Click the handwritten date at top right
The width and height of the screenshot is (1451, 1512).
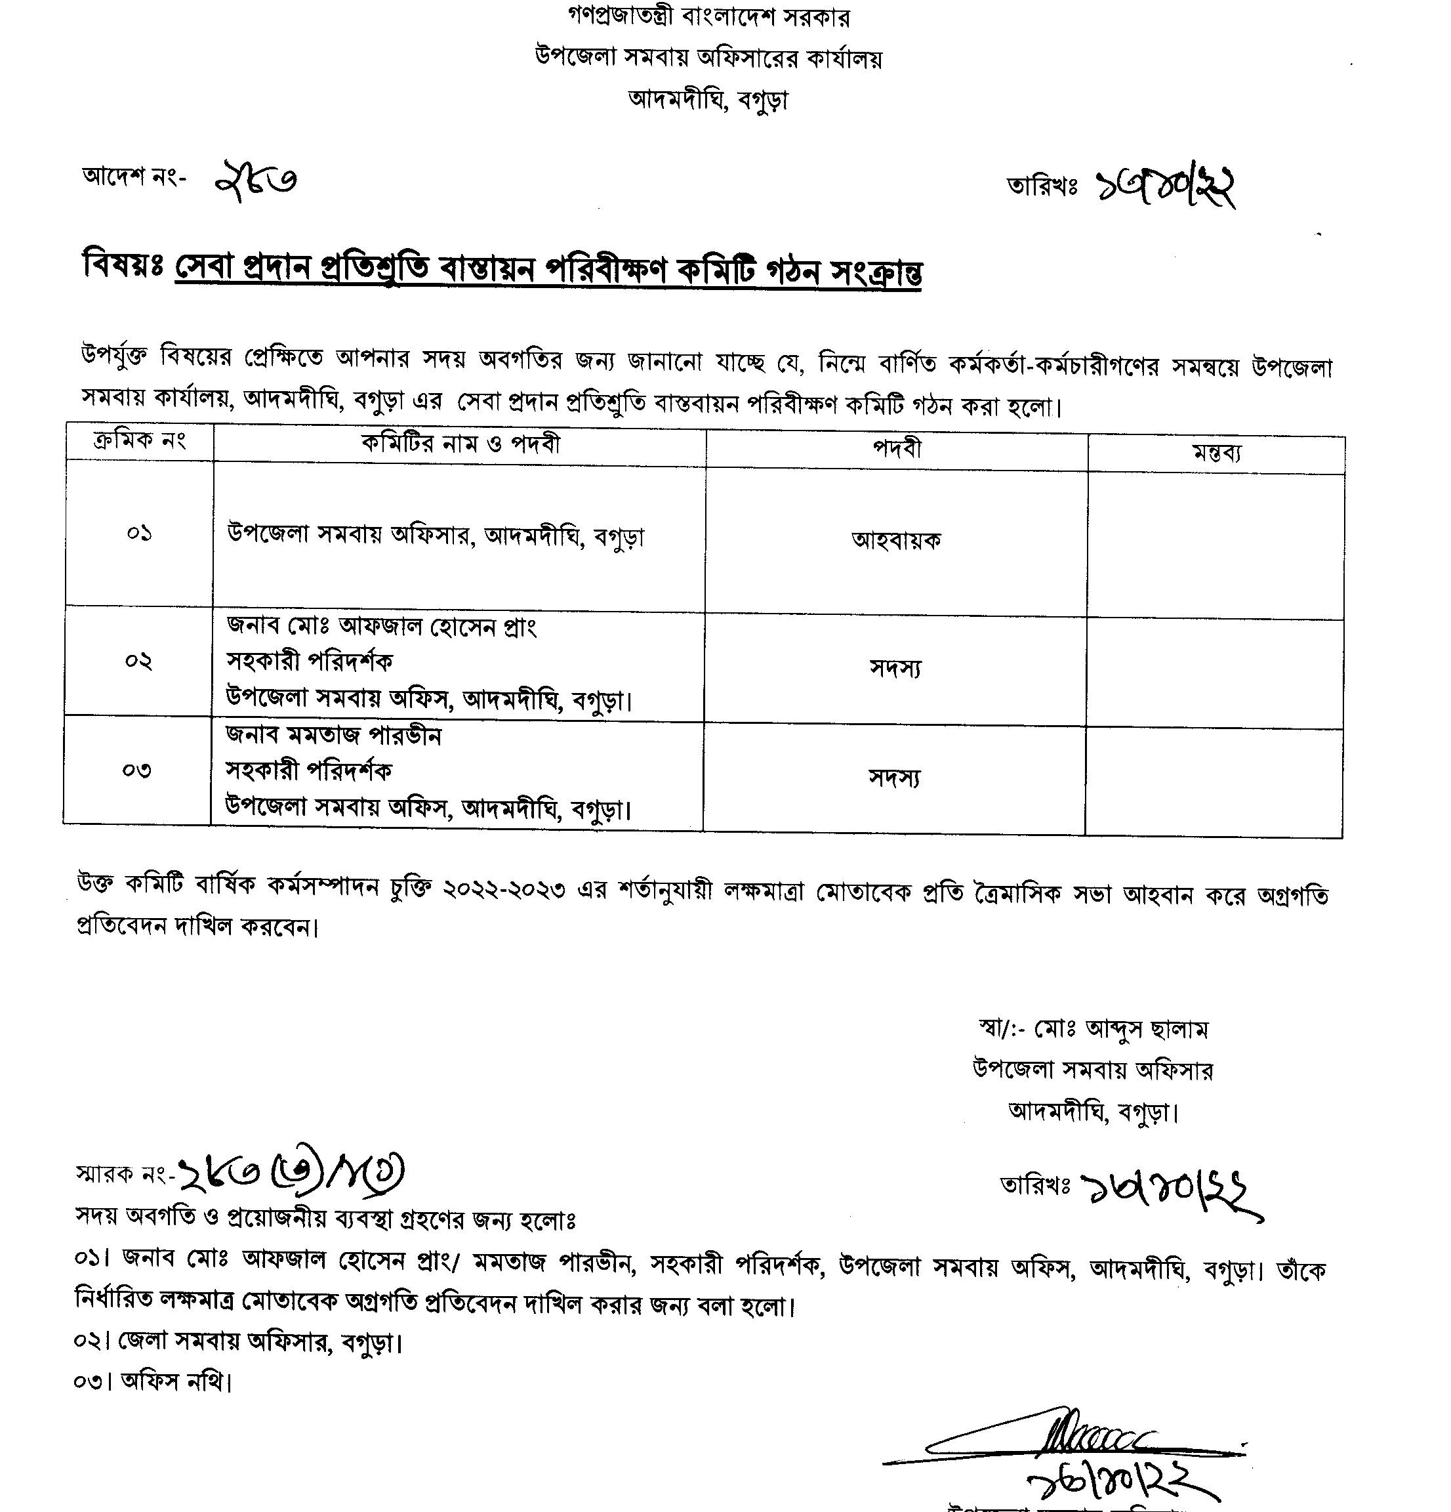pyautogui.click(x=1166, y=186)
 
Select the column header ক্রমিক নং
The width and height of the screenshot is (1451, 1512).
pyautogui.click(x=140, y=441)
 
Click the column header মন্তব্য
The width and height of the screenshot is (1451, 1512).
pyautogui.click(x=1216, y=453)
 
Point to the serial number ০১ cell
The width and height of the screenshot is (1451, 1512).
pyautogui.click(x=140, y=533)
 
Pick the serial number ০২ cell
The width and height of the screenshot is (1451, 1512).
pyautogui.click(x=139, y=661)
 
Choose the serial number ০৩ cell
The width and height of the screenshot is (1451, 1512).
pyautogui.click(x=137, y=770)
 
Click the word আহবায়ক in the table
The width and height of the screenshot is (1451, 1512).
pyautogui.click(x=896, y=540)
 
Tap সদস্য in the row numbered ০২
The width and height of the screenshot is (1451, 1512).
pyautogui.click(x=895, y=668)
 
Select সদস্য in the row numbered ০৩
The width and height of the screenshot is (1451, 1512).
pyautogui.click(x=894, y=778)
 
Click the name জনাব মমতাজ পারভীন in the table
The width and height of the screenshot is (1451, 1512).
pyautogui.click(x=333, y=735)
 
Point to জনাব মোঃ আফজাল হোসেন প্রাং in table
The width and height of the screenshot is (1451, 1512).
pyautogui.click(x=381, y=625)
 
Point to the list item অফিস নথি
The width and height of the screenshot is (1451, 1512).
pyautogui.click(x=176, y=1381)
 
